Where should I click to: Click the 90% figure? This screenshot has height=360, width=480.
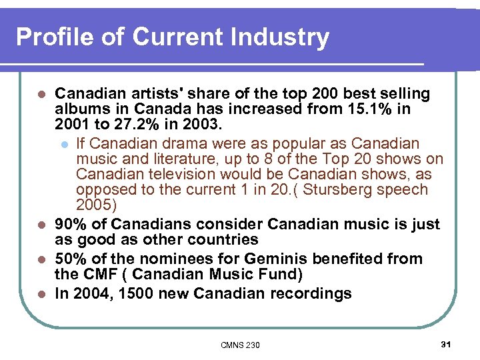coord(72,224)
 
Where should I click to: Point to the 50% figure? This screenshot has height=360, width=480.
coord(72,259)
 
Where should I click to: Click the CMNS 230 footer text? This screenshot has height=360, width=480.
coord(240,345)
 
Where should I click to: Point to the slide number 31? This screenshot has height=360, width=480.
coord(446,343)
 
